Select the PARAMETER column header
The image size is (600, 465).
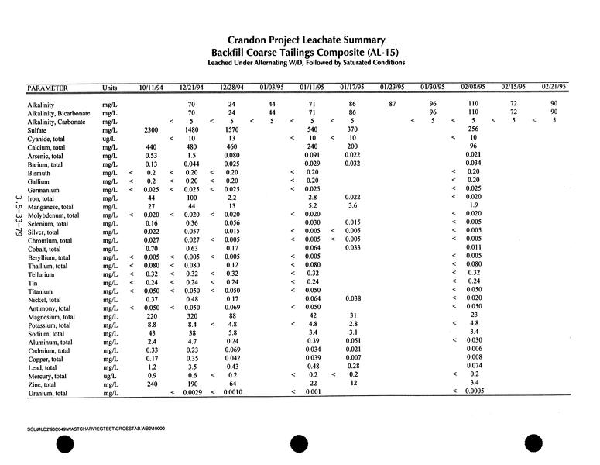coord(47,88)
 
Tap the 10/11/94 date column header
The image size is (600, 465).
coord(150,87)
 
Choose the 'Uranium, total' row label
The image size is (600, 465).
coord(47,394)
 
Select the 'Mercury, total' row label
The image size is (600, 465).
coord(48,376)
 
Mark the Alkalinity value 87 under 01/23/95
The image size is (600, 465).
coord(393,103)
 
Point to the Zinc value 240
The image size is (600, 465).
coord(151,384)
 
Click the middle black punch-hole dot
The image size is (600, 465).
coord(300,445)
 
